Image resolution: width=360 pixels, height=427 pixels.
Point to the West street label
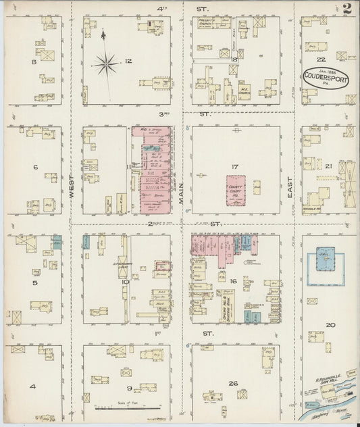(x=72, y=184)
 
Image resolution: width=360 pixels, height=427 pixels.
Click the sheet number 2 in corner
(x=346, y=9)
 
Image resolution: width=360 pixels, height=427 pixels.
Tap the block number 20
(x=330, y=326)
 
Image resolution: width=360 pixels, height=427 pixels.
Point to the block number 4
(x=32, y=387)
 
